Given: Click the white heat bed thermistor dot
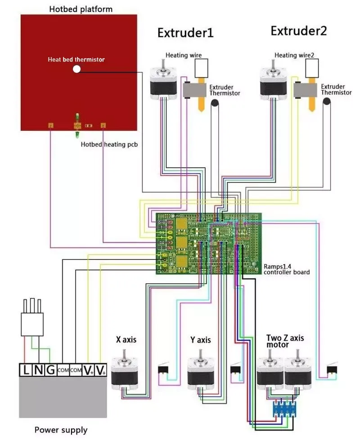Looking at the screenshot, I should [76, 69].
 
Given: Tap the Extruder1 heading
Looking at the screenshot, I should [185, 33].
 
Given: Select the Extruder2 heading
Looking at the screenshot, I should [298, 31].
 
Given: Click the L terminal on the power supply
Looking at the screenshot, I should [26, 370].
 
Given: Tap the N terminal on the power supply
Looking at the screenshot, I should [38, 370].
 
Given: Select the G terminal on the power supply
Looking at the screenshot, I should [50, 370].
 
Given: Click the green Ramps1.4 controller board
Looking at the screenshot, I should [209, 243].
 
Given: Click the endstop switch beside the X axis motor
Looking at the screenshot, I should [163, 370].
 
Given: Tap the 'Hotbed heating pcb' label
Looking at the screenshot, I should [109, 144].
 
